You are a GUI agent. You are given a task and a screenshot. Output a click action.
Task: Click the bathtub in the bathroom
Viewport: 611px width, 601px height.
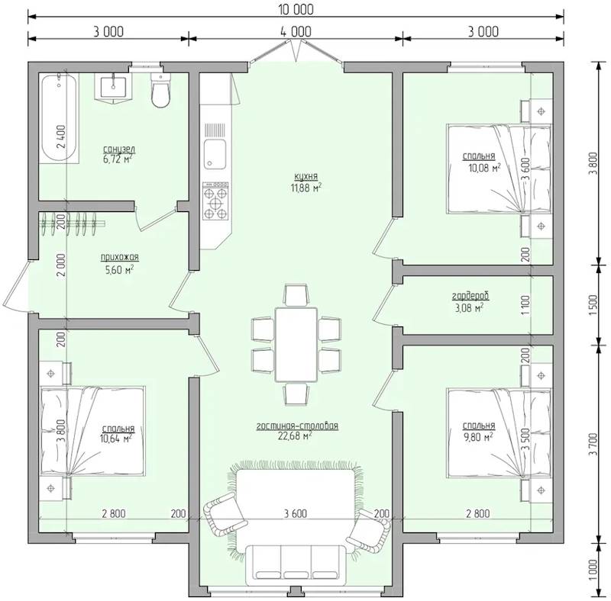[60, 118]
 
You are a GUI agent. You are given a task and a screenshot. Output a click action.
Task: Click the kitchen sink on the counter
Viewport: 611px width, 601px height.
[215, 155]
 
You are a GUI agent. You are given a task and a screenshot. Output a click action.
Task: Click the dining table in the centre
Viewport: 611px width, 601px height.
[296, 345]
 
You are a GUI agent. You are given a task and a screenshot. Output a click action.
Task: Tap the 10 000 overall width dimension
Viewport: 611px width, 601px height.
[296, 9]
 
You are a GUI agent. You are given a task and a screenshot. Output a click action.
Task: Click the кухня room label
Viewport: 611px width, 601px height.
[306, 177]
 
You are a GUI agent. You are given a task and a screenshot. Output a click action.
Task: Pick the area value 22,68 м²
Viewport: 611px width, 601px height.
[295, 436]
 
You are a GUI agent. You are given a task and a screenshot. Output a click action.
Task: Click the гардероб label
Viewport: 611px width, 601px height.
[470, 297]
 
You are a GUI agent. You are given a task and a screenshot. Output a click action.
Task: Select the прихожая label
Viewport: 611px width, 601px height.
[120, 257]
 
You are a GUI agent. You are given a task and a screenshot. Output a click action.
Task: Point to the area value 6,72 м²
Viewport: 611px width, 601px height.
[118, 159]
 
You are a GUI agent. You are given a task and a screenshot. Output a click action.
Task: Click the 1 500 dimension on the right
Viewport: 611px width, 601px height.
[593, 305]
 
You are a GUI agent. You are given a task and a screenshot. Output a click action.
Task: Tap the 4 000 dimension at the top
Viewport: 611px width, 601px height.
[296, 31]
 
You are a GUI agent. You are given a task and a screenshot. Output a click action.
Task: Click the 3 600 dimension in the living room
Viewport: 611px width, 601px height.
[296, 513]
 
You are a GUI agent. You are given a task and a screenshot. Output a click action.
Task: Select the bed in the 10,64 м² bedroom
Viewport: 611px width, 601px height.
[92, 431]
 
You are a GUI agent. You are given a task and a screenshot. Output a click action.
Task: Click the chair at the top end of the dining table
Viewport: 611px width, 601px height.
[296, 295]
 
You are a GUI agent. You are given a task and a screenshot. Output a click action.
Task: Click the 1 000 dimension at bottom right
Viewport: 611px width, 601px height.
[593, 570]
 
